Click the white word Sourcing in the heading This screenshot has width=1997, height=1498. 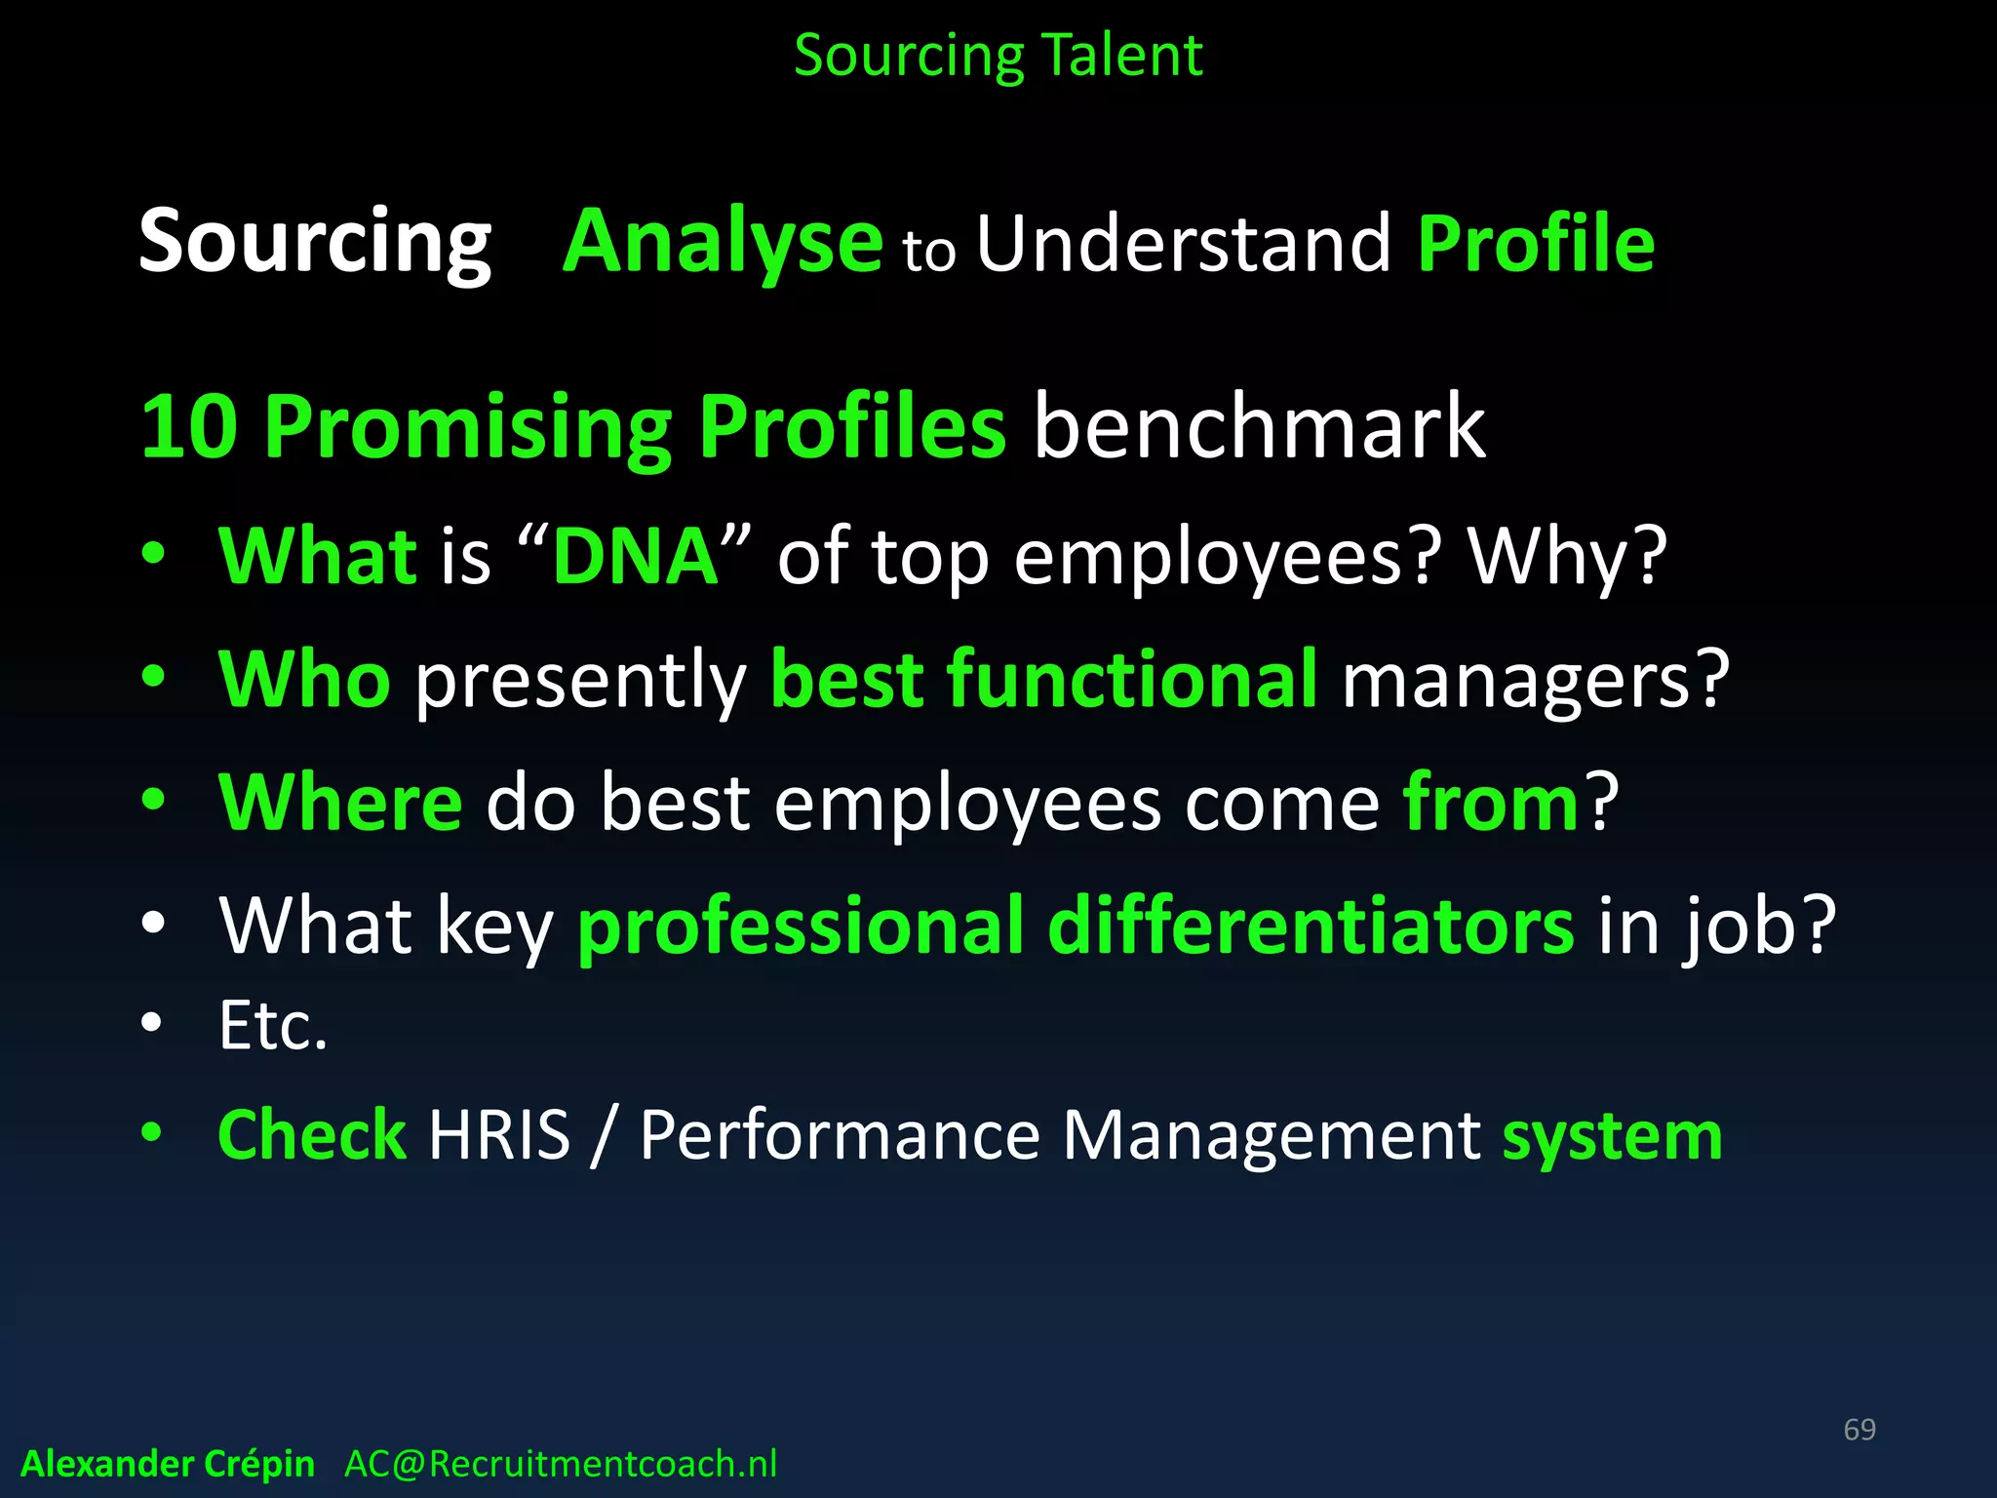point(315,242)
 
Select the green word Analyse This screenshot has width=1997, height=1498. point(724,242)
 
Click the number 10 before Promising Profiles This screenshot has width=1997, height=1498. point(189,427)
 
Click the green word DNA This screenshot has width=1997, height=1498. point(636,557)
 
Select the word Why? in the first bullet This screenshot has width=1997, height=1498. point(1567,557)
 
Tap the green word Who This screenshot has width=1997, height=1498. point(304,680)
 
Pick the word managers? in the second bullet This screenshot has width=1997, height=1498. point(1535,680)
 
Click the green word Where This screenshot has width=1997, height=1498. point(340,803)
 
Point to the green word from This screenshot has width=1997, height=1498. point(1490,803)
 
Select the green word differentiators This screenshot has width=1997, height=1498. point(1310,926)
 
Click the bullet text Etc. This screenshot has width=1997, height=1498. point(273,1026)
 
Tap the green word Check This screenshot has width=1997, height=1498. point(311,1135)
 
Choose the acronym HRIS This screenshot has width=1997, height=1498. point(499,1135)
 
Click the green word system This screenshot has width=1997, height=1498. point(1612,1137)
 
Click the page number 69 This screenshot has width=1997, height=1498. point(1859,1430)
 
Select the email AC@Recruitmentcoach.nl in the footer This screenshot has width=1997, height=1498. point(561,1464)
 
